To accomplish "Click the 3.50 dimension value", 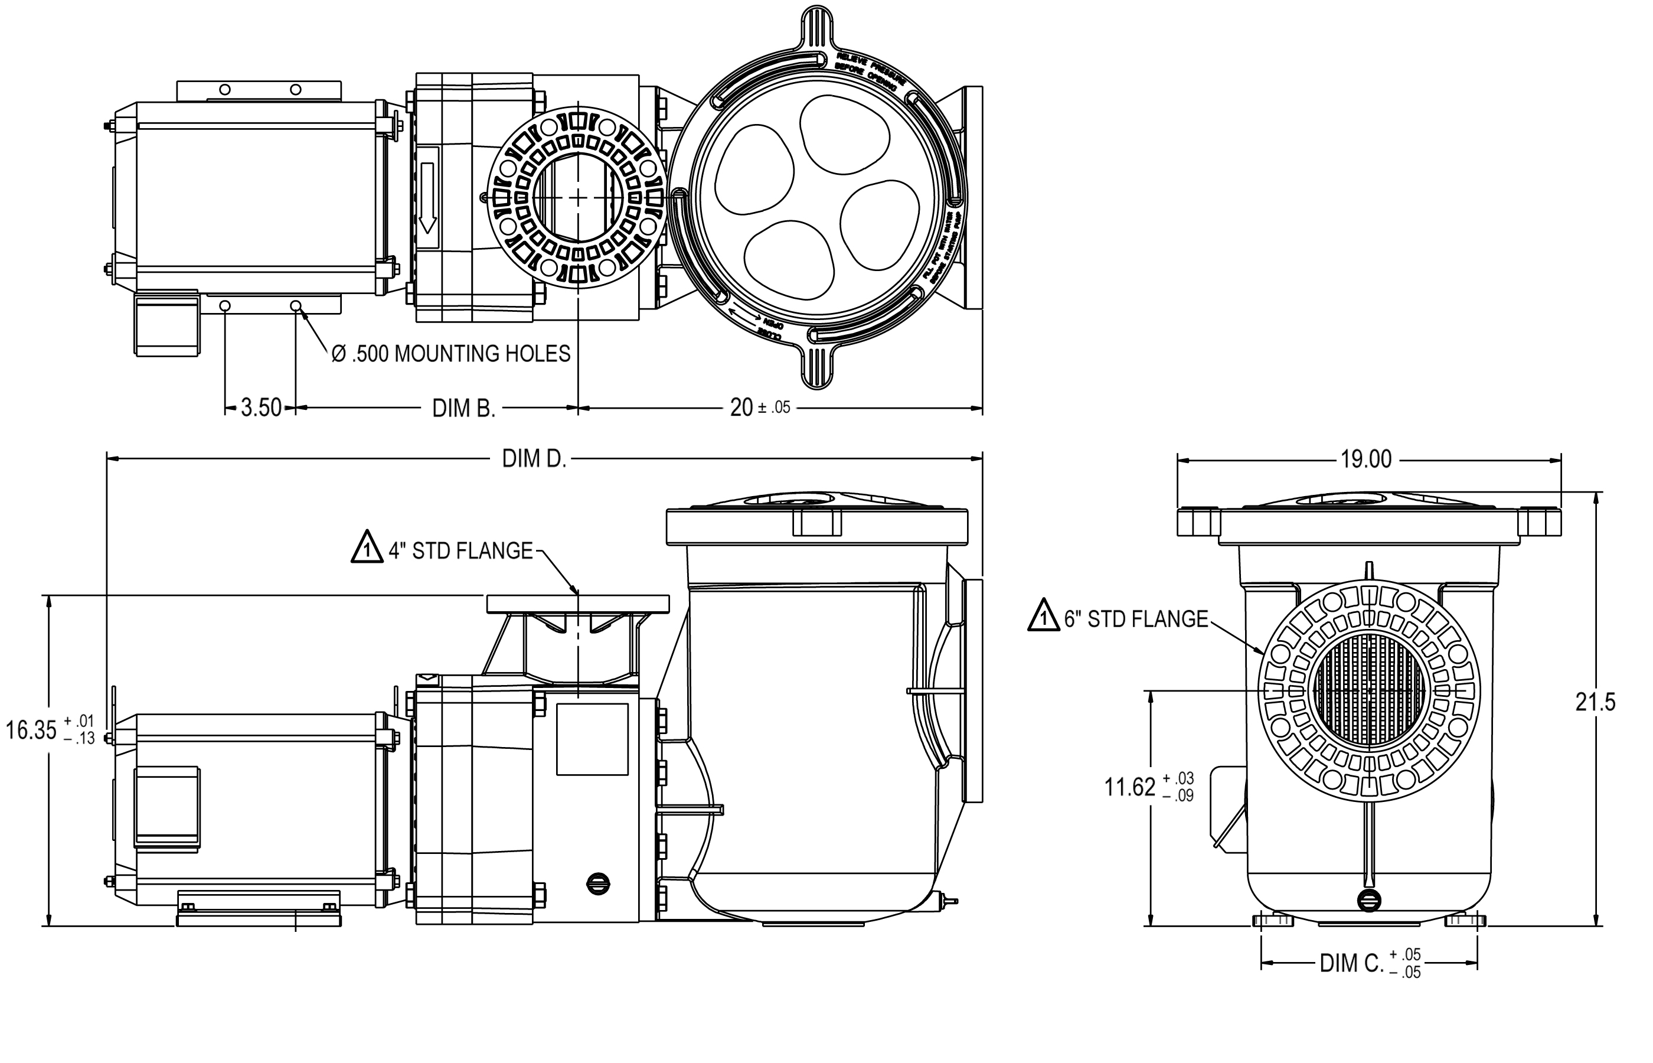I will [261, 408].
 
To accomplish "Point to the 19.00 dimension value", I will [1366, 459].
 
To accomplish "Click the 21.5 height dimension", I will [1595, 703].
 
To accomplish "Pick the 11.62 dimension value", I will [1129, 787].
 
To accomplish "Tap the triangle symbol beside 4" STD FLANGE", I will [367, 548].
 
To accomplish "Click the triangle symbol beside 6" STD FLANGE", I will [1043, 616].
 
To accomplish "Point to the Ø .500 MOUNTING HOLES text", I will [451, 354].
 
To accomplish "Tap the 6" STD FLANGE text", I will [1136, 619].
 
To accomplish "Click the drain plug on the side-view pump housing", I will [597, 883].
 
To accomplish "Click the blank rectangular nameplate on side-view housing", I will [592, 739].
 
